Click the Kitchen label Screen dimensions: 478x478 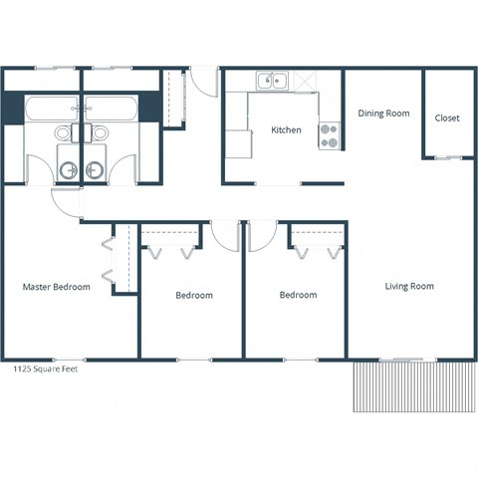(287, 129)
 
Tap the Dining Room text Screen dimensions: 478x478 (383, 114)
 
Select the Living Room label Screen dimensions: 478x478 (409, 287)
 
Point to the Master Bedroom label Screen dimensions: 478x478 (57, 287)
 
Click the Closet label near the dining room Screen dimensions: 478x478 (447, 118)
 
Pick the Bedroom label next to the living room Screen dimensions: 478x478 (298, 295)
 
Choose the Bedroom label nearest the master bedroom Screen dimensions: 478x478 (193, 295)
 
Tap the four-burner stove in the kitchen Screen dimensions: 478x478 (329, 135)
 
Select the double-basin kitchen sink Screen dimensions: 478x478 (271, 81)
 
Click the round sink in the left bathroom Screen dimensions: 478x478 (67, 170)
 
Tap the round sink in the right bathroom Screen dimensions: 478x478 (96, 170)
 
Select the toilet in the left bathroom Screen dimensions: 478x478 (64, 132)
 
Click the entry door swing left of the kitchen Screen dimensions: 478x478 (204, 80)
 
